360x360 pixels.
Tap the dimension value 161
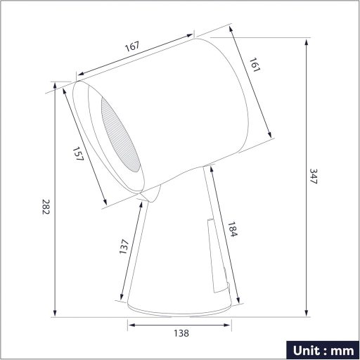255,67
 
